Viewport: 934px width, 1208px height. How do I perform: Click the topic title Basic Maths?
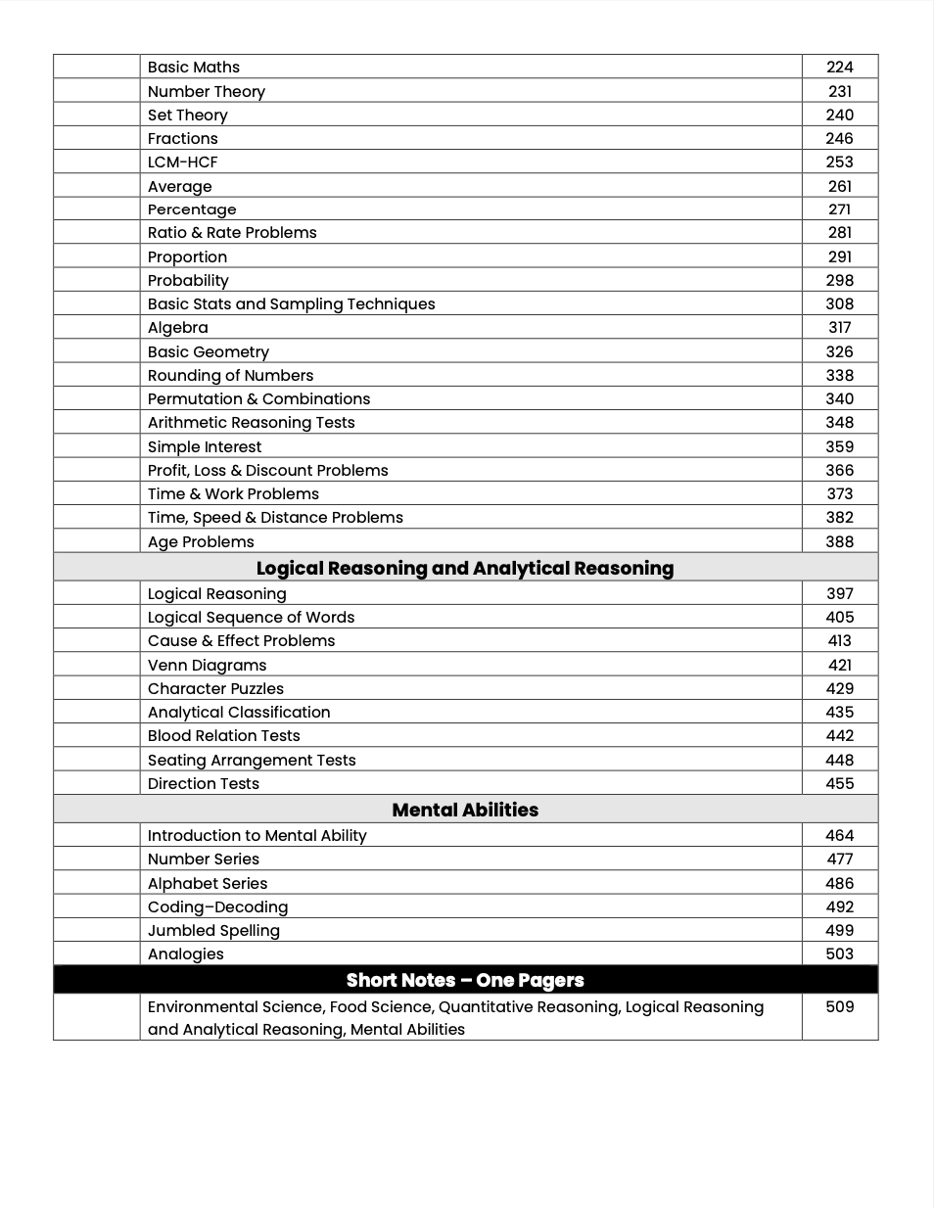[194, 67]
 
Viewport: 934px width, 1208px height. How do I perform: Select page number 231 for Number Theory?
[839, 91]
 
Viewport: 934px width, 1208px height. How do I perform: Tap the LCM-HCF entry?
[183, 162]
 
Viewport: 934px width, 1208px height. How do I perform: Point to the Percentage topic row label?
[192, 209]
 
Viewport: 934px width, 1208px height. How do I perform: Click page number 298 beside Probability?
[839, 280]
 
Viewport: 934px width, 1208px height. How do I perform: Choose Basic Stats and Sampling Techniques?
[291, 303]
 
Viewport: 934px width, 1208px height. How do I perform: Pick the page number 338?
[839, 375]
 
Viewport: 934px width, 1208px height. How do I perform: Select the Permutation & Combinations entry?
[258, 398]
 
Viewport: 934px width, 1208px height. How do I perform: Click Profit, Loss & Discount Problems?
[267, 470]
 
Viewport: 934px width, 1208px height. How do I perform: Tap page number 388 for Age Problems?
[839, 541]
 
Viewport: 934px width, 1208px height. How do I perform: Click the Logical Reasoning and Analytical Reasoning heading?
[465, 568]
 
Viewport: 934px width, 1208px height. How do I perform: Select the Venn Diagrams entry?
[207, 665]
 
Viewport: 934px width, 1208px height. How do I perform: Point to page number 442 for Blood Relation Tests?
[839, 735]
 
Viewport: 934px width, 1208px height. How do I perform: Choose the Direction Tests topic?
[204, 783]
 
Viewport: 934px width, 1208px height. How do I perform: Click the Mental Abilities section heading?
[465, 810]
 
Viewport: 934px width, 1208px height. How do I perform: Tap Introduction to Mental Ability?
[257, 835]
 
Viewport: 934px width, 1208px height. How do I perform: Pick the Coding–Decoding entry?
[217, 906]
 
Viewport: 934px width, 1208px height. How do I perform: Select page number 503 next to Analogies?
[839, 953]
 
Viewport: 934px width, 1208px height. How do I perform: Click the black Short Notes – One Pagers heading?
[465, 980]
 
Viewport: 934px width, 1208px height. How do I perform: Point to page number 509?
[839, 1006]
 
